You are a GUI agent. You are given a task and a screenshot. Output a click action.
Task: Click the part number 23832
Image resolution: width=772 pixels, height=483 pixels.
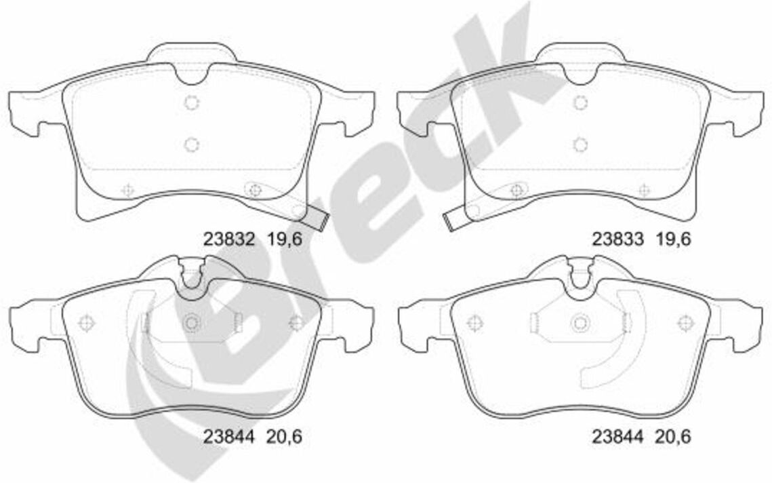point(229,239)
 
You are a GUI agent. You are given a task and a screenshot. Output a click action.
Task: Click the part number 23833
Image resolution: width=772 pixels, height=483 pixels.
point(617,239)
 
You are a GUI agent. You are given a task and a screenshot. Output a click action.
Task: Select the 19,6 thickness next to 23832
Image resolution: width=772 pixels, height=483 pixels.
point(284,239)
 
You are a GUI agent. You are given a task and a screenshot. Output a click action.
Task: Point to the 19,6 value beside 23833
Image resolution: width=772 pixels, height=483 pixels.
point(673,239)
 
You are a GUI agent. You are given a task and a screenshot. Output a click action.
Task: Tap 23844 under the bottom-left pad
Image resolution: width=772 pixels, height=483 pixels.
point(229,436)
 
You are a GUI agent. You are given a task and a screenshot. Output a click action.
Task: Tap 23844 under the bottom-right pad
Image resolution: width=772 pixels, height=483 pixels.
point(617,436)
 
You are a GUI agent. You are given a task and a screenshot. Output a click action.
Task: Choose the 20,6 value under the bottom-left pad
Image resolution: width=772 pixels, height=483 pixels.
point(284,436)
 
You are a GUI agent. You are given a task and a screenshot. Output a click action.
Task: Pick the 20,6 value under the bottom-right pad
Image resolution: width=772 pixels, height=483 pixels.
point(673,436)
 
